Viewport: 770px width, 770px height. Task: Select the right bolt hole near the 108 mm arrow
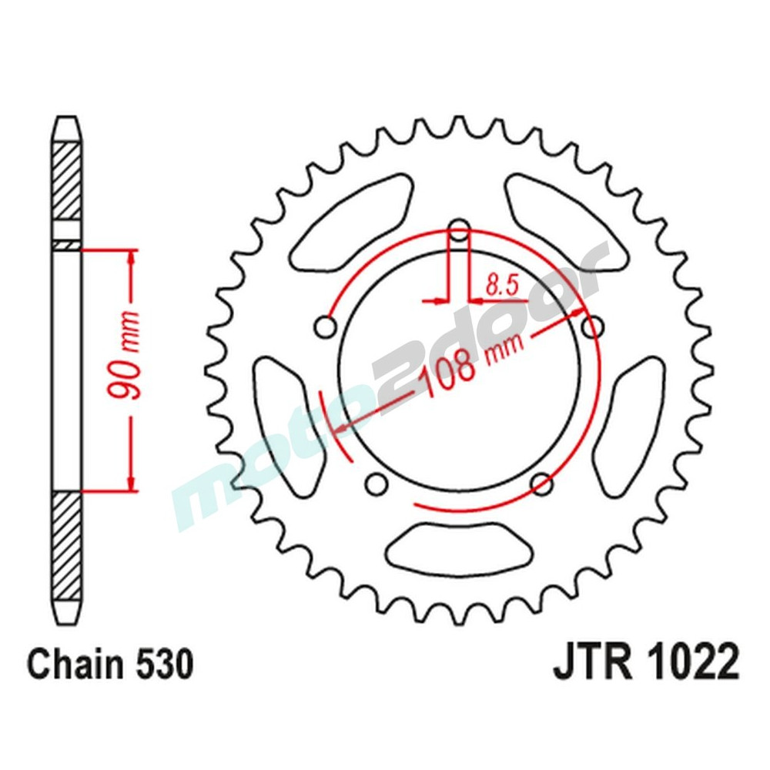click(x=592, y=327)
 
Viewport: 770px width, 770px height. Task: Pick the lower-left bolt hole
click(x=377, y=484)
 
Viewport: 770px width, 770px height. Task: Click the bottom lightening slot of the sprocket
click(x=459, y=544)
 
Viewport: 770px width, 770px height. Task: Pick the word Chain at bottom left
click(x=74, y=665)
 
